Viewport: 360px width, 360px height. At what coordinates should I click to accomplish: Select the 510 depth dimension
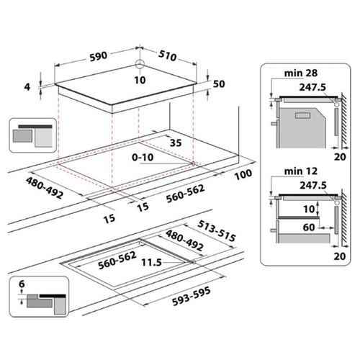pyautogui.click(x=168, y=55)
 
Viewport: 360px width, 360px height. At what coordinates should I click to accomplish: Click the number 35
pyautogui.click(x=176, y=143)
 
